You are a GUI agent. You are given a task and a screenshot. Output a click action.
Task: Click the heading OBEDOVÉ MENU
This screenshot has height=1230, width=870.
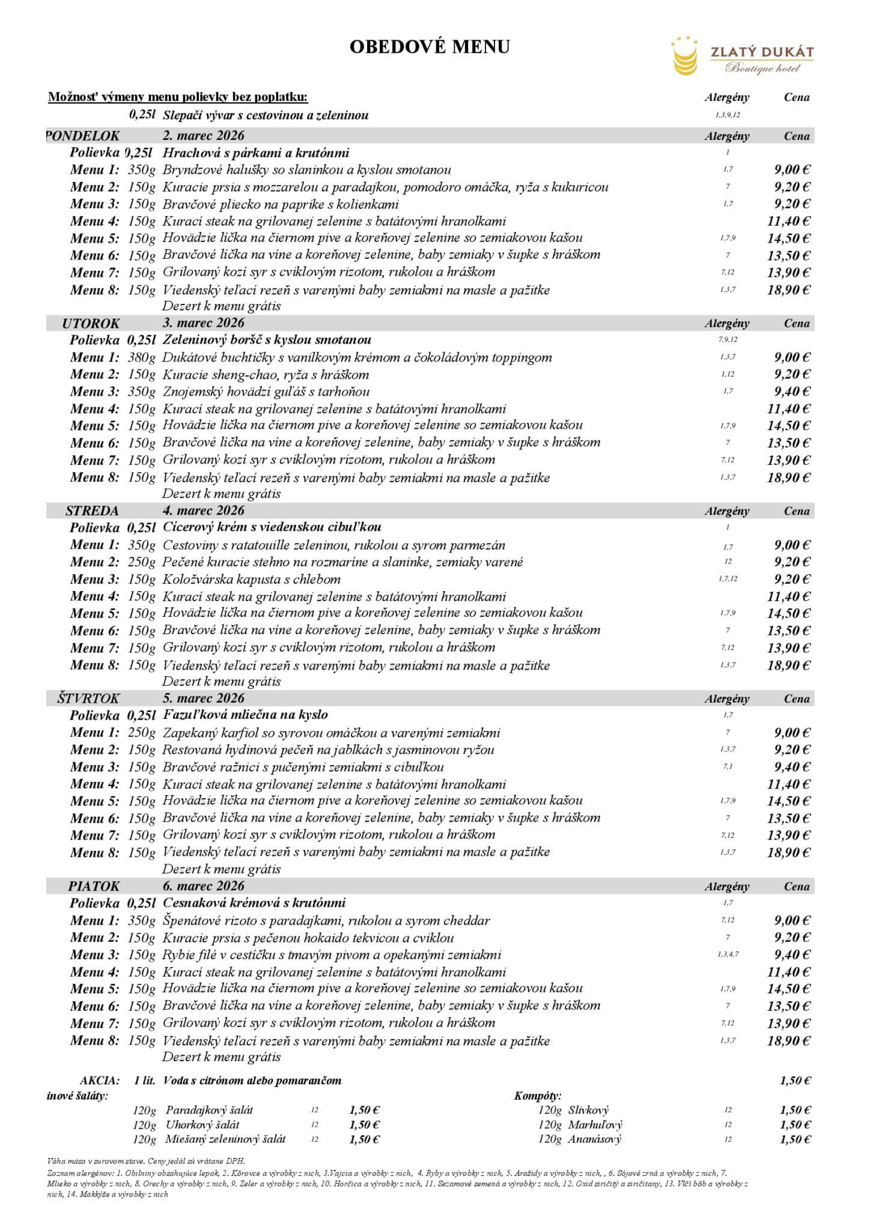430,47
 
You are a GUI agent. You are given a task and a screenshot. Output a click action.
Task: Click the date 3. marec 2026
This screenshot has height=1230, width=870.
203,323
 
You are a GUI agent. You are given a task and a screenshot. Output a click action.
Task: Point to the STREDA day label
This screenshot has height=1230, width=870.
92,511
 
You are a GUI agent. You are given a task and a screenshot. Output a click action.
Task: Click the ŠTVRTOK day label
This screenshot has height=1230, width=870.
88,698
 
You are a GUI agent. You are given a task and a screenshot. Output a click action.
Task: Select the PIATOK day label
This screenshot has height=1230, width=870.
94,886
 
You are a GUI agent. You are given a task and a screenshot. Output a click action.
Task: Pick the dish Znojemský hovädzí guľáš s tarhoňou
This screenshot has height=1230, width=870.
266,392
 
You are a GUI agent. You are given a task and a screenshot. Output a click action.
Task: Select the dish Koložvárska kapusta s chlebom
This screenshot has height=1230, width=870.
251,580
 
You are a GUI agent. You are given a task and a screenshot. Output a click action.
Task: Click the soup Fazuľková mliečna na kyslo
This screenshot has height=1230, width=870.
245,715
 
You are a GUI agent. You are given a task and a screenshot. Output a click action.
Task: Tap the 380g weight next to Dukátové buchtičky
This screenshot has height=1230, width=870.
141,357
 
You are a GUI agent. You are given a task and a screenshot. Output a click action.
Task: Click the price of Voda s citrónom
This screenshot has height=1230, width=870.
795,1080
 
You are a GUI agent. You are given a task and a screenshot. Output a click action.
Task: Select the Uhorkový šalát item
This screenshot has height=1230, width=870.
202,1125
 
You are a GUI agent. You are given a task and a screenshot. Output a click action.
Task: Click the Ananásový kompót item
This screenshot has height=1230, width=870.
594,1139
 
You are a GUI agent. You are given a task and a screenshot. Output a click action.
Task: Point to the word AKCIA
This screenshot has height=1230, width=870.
100,1080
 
